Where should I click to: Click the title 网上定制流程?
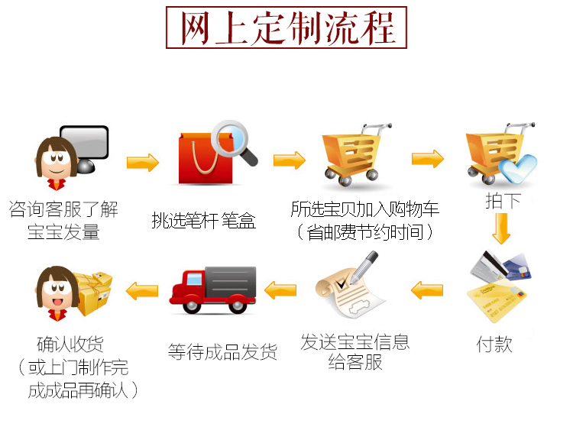pos(287,28)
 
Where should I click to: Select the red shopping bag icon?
pos(201,160)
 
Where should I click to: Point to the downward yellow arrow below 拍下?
pos(501,228)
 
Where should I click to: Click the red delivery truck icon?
pos(212,291)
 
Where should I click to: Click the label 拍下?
pos(503,202)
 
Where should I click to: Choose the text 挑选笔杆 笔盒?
pos(203,222)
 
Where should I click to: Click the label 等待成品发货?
pos(222,352)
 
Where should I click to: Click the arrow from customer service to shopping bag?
pos(143,162)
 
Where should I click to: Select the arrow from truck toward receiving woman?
pos(141,290)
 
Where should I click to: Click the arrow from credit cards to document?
pos(427,290)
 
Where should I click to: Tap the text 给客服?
pos(355,364)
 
